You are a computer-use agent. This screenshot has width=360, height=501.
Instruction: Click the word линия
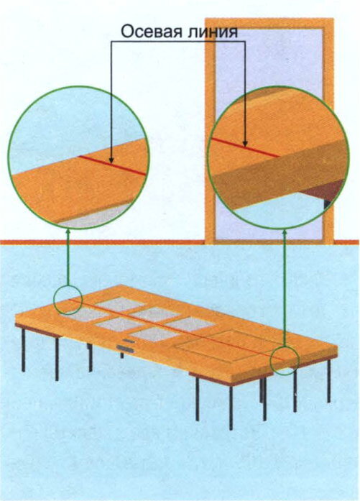(213, 32)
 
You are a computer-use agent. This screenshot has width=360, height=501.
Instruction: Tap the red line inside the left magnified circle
(112, 165)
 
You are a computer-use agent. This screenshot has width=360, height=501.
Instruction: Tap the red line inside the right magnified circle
(245, 147)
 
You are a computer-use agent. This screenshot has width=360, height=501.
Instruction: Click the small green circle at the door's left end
(68, 300)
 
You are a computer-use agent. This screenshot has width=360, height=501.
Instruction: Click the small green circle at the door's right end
(285, 360)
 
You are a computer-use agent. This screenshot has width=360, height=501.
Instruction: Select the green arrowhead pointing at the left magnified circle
(69, 232)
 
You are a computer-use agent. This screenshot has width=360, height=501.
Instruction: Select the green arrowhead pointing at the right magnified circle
(284, 233)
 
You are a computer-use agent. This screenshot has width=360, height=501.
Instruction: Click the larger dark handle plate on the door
(125, 349)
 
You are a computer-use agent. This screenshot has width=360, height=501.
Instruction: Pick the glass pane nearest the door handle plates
(155, 335)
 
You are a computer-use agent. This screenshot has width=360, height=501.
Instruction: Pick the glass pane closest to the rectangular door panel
(190, 323)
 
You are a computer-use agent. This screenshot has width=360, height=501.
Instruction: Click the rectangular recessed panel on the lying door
(229, 346)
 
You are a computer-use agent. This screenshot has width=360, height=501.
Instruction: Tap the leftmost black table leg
(23, 350)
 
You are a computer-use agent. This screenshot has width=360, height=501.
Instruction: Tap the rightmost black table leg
(328, 381)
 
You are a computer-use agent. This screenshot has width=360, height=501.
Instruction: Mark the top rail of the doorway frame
(269, 24)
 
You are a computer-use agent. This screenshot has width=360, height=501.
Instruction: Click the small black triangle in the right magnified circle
(328, 204)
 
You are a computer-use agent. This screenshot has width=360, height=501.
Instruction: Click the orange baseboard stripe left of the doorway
(102, 242)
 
